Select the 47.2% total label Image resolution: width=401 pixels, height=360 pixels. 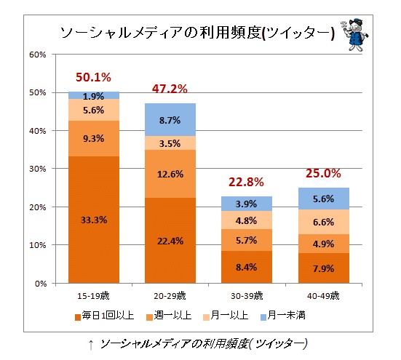[x=170, y=89]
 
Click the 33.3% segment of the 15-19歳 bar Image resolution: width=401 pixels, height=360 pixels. [x=94, y=220]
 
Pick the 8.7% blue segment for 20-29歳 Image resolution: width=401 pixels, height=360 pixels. [x=170, y=120]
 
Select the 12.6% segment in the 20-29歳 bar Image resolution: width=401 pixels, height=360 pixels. [x=170, y=174]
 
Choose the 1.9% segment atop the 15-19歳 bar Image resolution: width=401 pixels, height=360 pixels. [x=94, y=96]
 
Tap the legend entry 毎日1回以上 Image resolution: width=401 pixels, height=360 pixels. [x=103, y=316]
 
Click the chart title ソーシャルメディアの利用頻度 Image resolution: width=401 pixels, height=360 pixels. [x=196, y=33]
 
